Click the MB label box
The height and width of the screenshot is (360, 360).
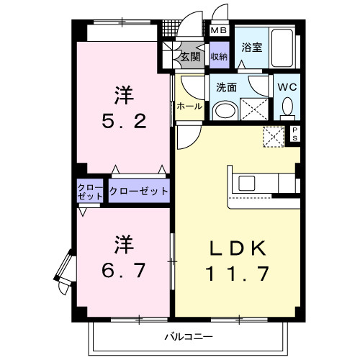[218, 31]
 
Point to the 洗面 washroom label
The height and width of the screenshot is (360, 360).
[227, 87]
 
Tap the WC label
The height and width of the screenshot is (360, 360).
[287, 87]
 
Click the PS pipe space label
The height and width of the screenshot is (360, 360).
[294, 133]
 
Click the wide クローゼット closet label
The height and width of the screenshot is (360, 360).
[139, 192]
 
